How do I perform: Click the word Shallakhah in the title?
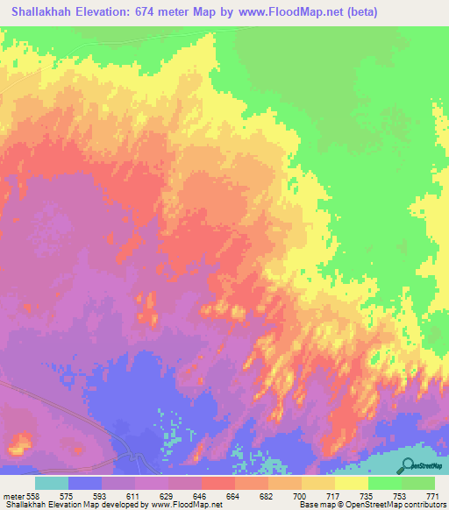(x=43, y=12)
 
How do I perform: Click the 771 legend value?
(x=433, y=496)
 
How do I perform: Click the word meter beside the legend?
(x=14, y=496)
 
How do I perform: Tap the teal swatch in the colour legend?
(x=52, y=483)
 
